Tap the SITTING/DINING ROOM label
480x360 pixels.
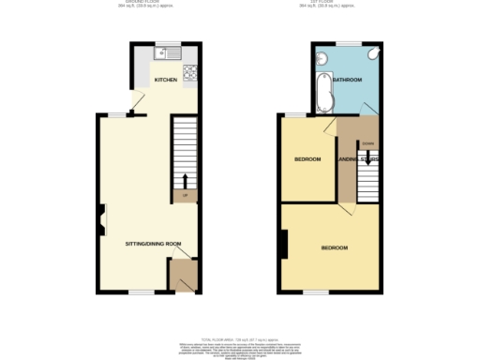pos(154,243)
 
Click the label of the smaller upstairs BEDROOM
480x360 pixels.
pos(307,159)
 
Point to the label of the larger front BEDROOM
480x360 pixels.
pos(335,247)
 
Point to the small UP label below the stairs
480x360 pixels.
pos(186,196)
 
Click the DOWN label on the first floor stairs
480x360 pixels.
pos(367,143)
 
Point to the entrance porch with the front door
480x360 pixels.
pos(182,276)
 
